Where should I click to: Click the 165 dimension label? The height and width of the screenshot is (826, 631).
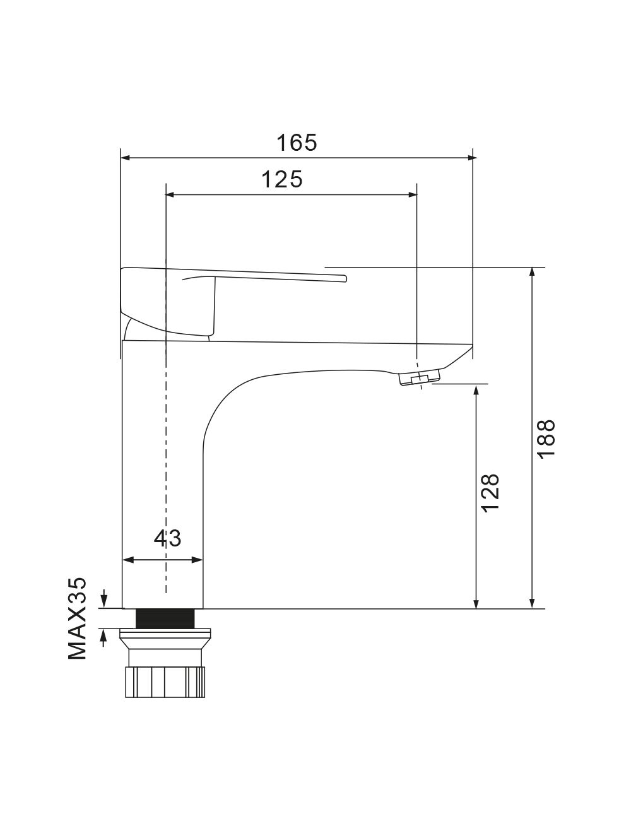point(297,143)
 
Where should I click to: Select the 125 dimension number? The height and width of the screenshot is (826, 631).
point(282,179)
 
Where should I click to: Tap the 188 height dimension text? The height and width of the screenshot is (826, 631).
point(546,439)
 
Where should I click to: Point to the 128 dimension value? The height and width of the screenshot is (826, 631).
point(490,493)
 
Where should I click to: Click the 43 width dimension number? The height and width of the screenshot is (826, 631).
point(167,538)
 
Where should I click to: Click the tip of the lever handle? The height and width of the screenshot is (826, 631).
point(345,278)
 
